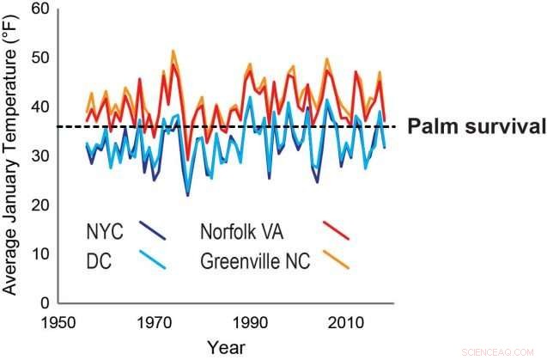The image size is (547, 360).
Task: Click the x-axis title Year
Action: (226, 347)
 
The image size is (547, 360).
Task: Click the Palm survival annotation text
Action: (476, 127)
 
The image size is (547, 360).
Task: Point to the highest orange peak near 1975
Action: (173, 51)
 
